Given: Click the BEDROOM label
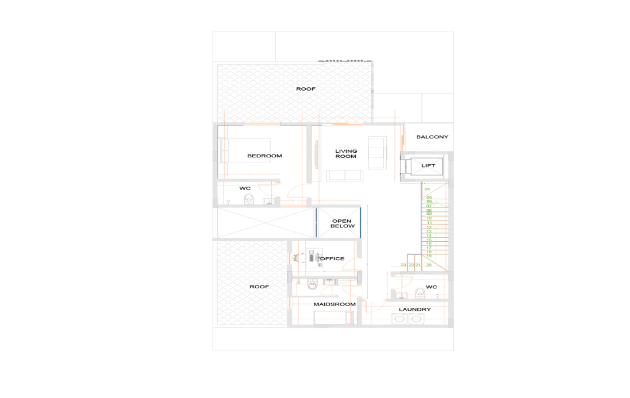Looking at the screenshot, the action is pos(264,156).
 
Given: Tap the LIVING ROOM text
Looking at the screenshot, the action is pos(346,154).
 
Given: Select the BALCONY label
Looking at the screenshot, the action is pos(432,137).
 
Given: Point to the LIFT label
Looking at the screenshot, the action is pos(428,165).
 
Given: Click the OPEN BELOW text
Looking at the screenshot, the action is pos(342,224).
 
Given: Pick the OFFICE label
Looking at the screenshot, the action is pos(332,258).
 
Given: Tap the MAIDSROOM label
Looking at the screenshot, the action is pos(335,304).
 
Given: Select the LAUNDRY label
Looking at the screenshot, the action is pos(414,310).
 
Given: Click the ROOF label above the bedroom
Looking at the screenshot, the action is pos(306,89).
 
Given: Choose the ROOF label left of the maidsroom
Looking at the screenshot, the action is pos(259,287).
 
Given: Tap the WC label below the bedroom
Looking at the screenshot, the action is pos(245,188).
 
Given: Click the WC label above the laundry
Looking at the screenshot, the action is pos(431,287).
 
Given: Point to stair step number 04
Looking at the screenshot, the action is pos(427,189).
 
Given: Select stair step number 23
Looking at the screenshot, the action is pos(404,265).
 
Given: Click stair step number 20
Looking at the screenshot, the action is pos(429,265).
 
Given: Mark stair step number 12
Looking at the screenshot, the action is pos(429,227).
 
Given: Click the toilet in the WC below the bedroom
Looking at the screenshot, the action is pos(249,199).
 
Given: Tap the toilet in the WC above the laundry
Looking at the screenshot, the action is pos(420,293).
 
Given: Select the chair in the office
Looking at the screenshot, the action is pos(297,258).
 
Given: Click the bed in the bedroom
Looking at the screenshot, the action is pos(244,150).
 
